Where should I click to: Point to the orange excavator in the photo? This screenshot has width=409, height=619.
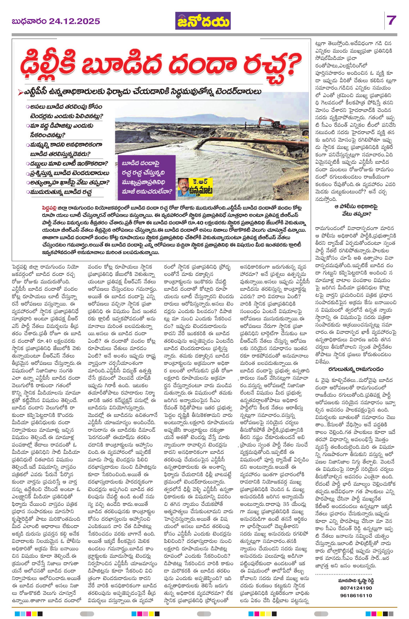pos(267,123)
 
